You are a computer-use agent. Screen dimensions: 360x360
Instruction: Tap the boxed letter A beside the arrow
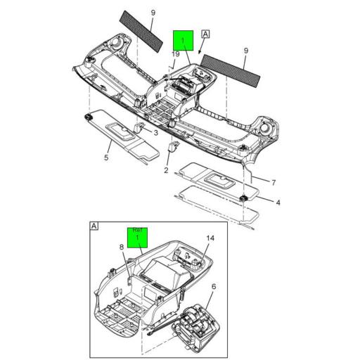206,33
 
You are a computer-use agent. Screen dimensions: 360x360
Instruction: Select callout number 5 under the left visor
106,157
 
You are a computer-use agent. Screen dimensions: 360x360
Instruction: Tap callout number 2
167,170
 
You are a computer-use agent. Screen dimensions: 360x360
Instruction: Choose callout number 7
274,182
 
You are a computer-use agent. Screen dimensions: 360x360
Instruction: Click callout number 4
278,203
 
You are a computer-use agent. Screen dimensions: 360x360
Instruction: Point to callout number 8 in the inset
120,247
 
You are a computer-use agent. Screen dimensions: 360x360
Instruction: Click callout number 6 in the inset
214,287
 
